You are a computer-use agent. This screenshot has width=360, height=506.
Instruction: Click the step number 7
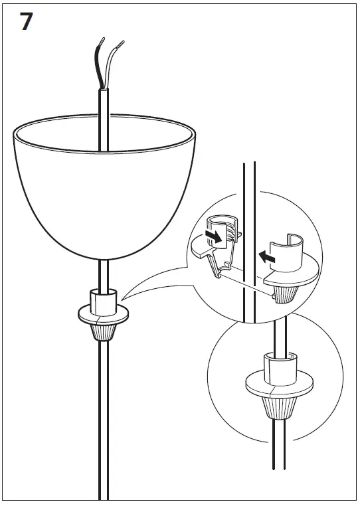(x=25, y=21)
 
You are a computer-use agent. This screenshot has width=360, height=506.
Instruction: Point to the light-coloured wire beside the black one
(x=114, y=60)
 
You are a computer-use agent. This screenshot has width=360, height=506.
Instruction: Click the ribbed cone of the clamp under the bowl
(x=104, y=329)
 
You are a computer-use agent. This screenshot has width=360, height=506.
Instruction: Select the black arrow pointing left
(x=267, y=254)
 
